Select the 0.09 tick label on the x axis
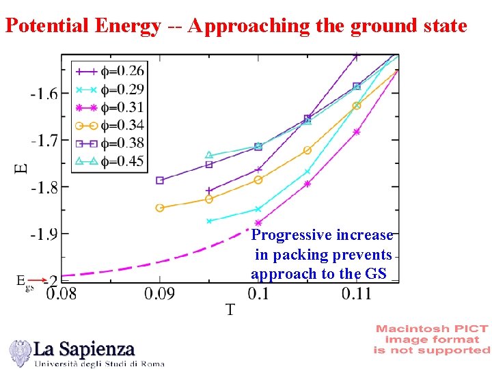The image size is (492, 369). coord(159,293)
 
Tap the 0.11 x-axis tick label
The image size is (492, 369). coord(356,293)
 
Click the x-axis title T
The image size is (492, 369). coord(230,310)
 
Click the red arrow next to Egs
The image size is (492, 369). coord(39,279)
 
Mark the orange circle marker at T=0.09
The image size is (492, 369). coord(160,208)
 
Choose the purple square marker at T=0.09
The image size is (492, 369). coord(160,180)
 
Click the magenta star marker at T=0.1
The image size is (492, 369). coord(258,223)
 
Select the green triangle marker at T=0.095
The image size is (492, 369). coord(209,155)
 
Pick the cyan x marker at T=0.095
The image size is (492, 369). coord(209,221)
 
